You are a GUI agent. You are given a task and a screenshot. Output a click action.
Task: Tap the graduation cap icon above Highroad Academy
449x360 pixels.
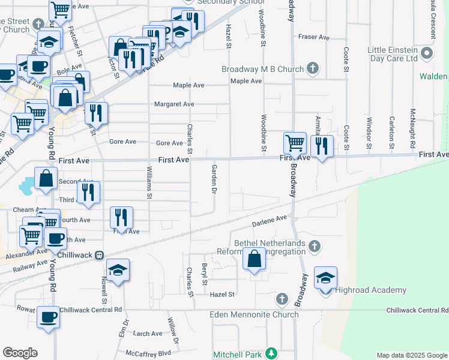[325, 278]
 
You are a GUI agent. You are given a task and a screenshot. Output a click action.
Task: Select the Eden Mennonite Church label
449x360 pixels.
[254, 314]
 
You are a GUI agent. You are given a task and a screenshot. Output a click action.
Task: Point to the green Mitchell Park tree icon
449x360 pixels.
[271, 355]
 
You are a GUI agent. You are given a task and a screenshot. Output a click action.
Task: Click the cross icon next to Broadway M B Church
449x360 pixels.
[313, 68]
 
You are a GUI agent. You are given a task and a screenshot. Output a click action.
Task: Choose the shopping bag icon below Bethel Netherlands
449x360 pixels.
[255, 259]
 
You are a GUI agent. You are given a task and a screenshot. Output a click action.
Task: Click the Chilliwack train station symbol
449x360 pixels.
[99, 255]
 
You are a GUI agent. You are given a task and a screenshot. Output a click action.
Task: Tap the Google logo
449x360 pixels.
[20, 353]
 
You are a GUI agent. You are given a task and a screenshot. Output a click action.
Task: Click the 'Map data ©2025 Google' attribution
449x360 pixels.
[411, 356]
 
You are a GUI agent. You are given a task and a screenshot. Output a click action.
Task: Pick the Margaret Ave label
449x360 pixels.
[174, 104]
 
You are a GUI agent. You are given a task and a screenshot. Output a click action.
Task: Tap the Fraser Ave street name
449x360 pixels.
[315, 37]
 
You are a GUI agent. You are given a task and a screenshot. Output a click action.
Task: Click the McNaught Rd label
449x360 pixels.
[413, 129]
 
